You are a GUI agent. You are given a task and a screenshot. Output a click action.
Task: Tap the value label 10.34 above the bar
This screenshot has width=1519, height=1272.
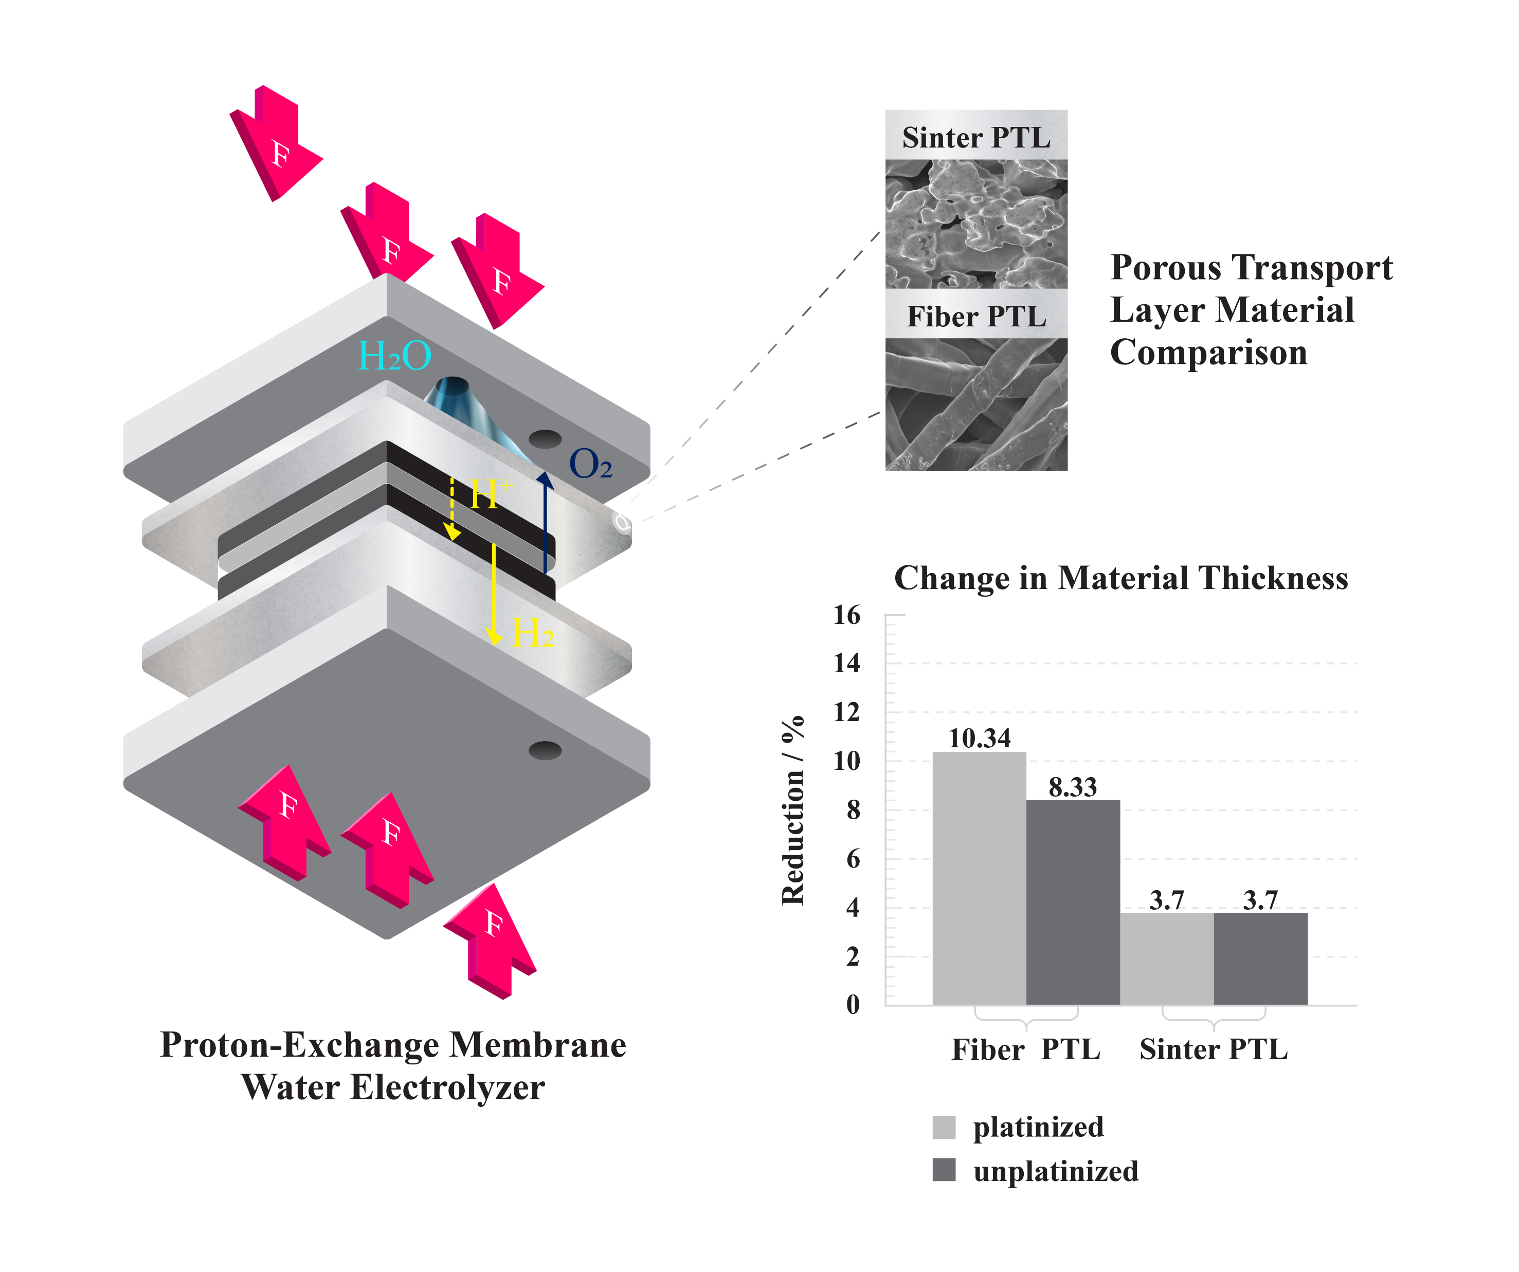click(x=979, y=739)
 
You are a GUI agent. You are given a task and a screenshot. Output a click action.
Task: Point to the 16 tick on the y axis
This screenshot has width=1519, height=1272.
click(x=847, y=615)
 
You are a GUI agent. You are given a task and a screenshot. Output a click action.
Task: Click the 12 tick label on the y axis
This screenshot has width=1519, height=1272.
click(x=847, y=712)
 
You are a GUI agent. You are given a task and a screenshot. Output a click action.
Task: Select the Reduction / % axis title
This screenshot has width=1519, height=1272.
click(x=793, y=810)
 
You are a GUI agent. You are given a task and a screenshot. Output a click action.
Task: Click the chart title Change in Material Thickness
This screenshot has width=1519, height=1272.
click(x=1120, y=579)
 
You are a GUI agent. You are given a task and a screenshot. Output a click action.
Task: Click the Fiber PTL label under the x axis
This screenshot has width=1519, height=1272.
click(x=1026, y=1049)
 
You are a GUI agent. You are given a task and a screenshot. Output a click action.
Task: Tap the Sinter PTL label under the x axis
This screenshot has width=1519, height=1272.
click(x=1214, y=1049)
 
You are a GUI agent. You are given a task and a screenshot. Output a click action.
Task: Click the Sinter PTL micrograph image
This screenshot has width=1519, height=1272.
click(x=976, y=224)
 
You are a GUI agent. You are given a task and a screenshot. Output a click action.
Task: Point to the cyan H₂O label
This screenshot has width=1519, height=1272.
click(x=395, y=356)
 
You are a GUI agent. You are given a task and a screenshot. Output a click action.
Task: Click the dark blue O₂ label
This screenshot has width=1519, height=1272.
click(x=591, y=464)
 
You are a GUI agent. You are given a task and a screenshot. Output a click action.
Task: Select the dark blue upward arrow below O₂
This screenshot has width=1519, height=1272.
click(x=546, y=521)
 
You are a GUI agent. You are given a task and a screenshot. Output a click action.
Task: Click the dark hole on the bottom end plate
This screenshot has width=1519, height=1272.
click(x=545, y=751)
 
